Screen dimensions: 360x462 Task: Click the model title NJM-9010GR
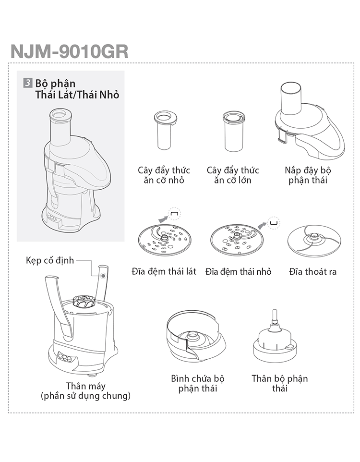click(x=69, y=52)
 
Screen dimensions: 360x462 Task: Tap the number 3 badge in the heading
click(x=28, y=83)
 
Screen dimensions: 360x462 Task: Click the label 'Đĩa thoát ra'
click(x=312, y=272)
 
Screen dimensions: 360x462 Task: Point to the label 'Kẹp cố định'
click(x=50, y=261)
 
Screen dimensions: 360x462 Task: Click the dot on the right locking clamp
click(x=103, y=276)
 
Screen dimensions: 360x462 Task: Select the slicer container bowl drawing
click(x=196, y=337)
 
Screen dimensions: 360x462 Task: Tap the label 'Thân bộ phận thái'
click(x=279, y=383)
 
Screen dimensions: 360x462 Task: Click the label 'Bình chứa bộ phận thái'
click(x=198, y=383)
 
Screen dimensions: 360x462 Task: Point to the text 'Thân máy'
click(x=86, y=386)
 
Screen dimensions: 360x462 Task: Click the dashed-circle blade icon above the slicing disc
click(x=174, y=214)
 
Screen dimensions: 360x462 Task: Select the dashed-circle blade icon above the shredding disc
click(x=274, y=223)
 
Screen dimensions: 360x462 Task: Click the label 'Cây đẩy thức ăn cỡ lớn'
click(x=233, y=175)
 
